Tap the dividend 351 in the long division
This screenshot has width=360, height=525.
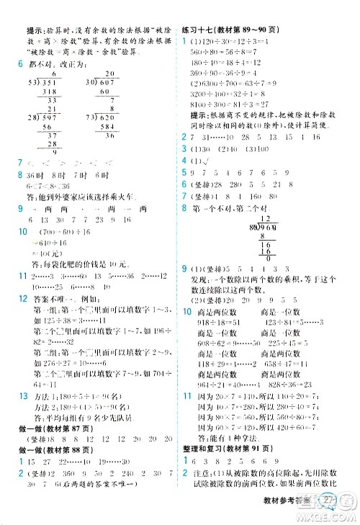51,83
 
